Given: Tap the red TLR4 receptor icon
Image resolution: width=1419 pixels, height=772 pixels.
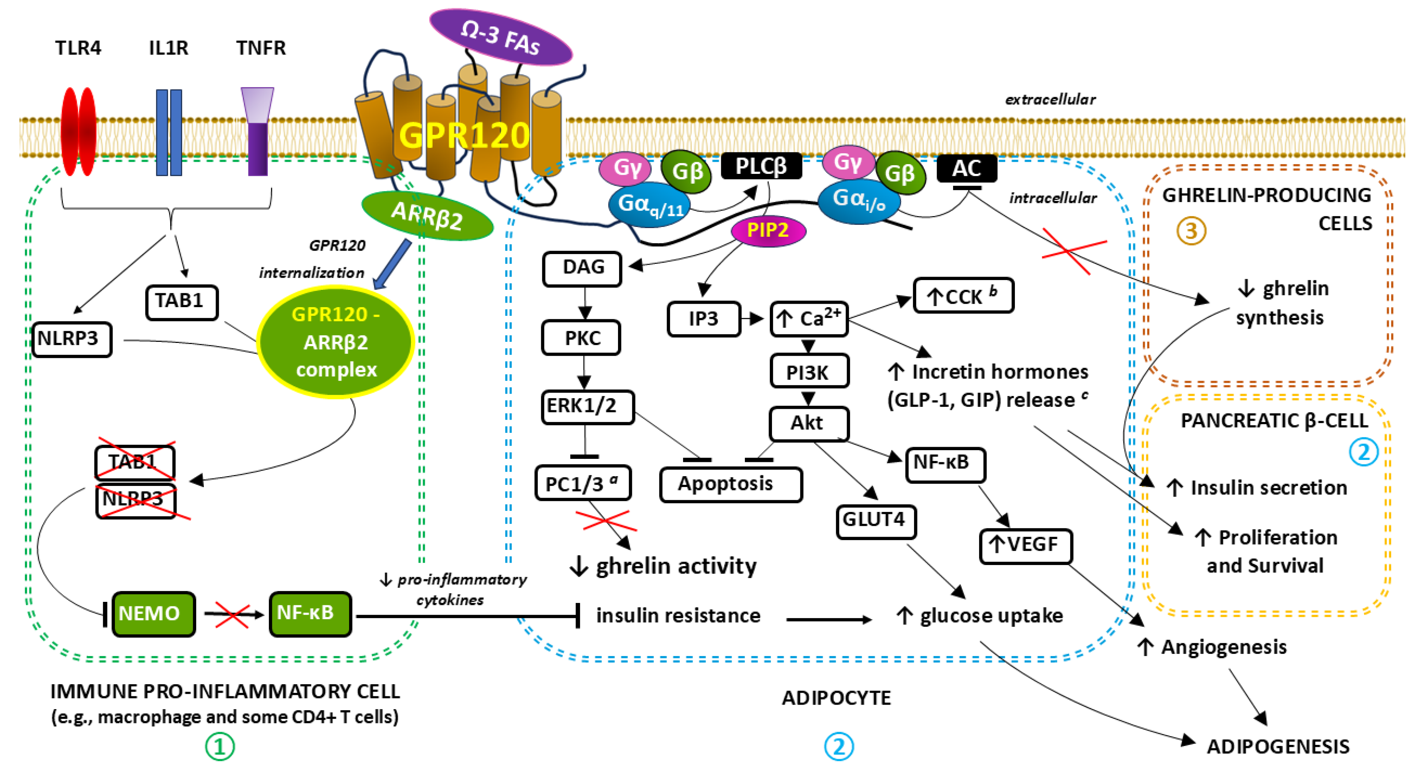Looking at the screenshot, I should tap(78, 132).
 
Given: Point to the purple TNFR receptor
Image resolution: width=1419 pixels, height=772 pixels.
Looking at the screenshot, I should tap(257, 132).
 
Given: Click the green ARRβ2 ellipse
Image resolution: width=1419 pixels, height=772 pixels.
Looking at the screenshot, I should tap(427, 216).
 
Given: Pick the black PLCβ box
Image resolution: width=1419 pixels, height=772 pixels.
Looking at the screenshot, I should tap(761, 166).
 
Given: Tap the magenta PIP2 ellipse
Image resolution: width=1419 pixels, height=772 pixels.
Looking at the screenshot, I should tap(768, 230).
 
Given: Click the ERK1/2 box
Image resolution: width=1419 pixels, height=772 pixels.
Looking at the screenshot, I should tap(587, 407).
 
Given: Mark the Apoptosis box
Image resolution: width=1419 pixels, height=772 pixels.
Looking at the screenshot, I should tap(731, 484).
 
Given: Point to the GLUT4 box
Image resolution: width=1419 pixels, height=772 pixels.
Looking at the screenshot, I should tap(875, 520).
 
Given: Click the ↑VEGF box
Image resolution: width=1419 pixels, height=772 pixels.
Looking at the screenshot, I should tap(1025, 545).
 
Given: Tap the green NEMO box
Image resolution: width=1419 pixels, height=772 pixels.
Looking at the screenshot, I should tap(153, 614).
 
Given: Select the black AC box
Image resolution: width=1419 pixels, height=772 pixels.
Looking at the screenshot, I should tap(966, 169).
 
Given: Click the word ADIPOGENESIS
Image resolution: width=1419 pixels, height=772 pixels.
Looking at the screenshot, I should tap(1277, 747).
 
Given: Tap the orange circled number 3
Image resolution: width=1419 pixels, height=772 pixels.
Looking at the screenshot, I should tap(1191, 231).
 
